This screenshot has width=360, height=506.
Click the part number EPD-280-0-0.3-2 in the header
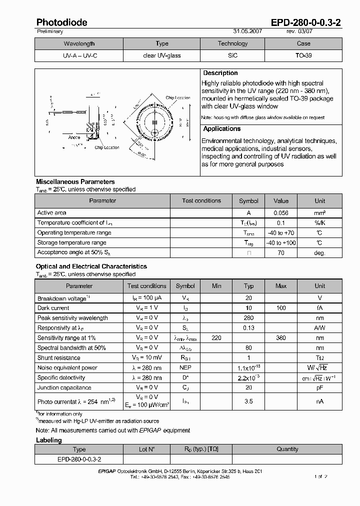click(306, 22)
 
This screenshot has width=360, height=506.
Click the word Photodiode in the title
click(61, 22)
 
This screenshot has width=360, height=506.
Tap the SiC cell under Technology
click(233, 55)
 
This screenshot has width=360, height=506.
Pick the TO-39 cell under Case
click(303, 55)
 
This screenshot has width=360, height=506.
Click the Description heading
click(220, 73)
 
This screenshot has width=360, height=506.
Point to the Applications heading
click(222, 129)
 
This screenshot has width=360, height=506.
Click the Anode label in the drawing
click(74, 137)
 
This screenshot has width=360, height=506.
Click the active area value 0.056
click(281, 213)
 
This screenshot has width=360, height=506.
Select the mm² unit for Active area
click(319, 213)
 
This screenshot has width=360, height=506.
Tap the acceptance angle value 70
click(281, 253)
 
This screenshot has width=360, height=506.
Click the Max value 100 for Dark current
click(281, 308)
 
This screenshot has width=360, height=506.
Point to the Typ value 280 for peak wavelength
click(248, 318)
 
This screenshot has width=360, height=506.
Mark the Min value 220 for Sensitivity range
click(216, 338)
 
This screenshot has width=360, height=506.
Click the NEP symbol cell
click(185, 368)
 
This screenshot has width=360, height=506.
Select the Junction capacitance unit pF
click(319, 388)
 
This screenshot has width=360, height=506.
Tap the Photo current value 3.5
click(248, 401)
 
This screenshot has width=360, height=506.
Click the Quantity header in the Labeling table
click(287, 449)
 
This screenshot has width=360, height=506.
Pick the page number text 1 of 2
click(320, 476)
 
